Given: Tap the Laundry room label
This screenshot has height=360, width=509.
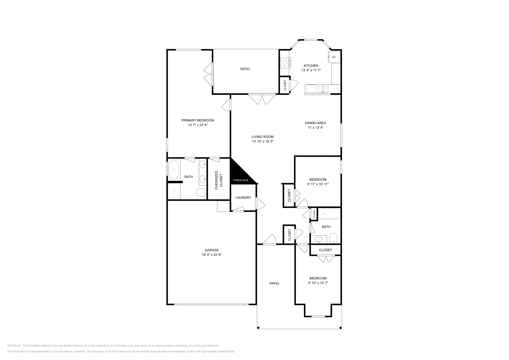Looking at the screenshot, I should click(x=243, y=197).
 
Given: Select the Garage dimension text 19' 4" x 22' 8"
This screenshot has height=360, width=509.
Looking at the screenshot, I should click(x=212, y=255).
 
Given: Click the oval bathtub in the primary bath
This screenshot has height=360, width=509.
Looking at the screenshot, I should click(x=174, y=170).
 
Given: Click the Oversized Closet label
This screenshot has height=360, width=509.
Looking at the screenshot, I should click(x=219, y=180).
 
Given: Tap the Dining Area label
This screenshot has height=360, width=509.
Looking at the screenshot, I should click(x=315, y=123).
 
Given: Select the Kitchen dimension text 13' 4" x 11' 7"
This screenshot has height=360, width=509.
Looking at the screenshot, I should click(x=311, y=70).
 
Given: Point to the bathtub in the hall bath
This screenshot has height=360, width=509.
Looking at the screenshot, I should click(x=329, y=213).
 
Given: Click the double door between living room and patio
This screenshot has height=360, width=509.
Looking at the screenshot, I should click(x=262, y=99).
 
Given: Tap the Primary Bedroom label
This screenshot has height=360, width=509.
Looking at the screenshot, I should click(x=198, y=120).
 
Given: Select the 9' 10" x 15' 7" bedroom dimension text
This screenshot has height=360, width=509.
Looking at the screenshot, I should click(x=318, y=283).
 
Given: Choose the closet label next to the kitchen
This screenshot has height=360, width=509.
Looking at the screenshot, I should click(x=285, y=85).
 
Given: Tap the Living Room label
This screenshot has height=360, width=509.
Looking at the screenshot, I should click(x=262, y=137).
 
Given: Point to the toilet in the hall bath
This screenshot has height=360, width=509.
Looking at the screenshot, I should click(x=333, y=238).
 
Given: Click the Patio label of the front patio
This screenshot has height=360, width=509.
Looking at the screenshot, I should click(x=274, y=283).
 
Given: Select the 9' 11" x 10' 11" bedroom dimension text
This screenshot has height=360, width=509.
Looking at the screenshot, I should click(x=318, y=184).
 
